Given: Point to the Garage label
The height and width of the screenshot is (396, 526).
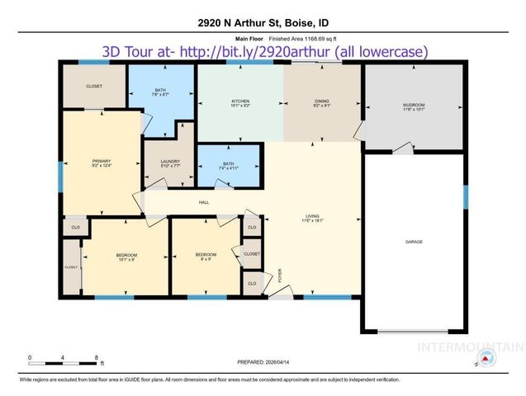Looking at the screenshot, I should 414,243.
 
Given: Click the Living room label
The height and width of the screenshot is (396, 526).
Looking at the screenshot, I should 311,218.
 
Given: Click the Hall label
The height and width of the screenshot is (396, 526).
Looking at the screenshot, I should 203,202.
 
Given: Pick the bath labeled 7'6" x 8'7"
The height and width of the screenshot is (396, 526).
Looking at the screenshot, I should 162,92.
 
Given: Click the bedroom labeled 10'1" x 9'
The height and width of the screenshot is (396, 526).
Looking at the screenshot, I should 126,256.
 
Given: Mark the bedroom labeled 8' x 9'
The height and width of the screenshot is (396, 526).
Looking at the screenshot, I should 205,256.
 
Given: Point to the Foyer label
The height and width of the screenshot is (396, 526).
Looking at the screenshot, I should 280,275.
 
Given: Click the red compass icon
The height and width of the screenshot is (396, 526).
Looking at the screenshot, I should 488,359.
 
